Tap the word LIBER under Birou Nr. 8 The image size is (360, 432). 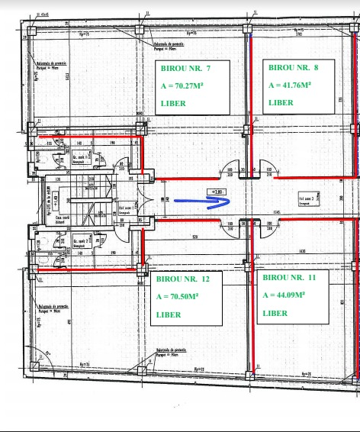(281, 102)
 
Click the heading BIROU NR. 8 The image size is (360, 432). (294, 67)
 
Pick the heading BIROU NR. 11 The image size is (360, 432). (289, 278)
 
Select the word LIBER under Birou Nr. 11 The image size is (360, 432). (275, 313)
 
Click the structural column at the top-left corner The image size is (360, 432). (33, 31)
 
